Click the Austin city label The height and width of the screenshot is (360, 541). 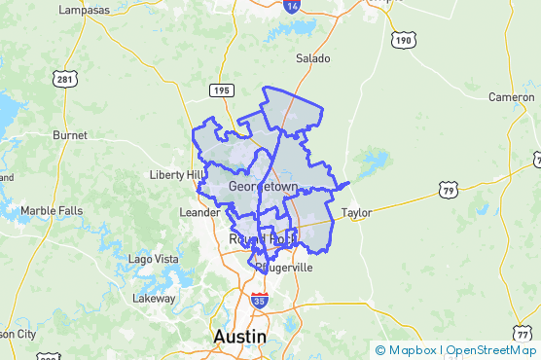coord(239,337)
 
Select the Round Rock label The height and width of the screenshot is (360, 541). coord(261,238)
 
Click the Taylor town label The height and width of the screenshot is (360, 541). coord(357,212)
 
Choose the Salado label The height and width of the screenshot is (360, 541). coord(313,58)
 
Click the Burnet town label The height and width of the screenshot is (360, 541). coord(70,134)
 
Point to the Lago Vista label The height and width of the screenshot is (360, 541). coord(154,259)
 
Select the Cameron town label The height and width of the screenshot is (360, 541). coord(512,97)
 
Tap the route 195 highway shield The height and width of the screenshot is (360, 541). coord(219,90)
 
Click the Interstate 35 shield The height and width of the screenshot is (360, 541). coord(259,302)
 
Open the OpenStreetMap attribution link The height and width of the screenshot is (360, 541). coord(491,350)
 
